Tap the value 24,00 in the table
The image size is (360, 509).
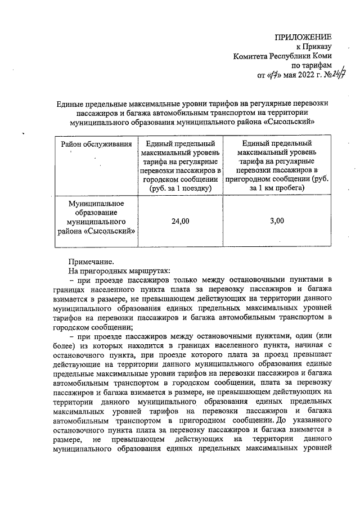181,222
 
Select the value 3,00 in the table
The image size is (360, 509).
277,222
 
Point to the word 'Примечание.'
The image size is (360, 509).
91,261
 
